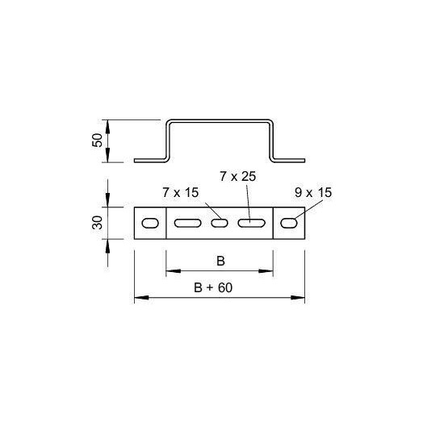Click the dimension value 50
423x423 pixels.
coord(98,140)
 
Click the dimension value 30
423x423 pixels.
coord(98,223)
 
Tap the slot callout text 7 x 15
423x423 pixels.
coord(181,193)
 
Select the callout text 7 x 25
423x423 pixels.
coord(238,177)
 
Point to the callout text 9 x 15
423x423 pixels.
coord(313,193)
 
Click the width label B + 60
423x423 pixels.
coord(213,287)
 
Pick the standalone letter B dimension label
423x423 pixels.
coord(220,261)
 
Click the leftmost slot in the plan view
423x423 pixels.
coord(150,223)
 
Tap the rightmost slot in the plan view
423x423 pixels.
coord(289,223)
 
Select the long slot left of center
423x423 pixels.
coord(188,223)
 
